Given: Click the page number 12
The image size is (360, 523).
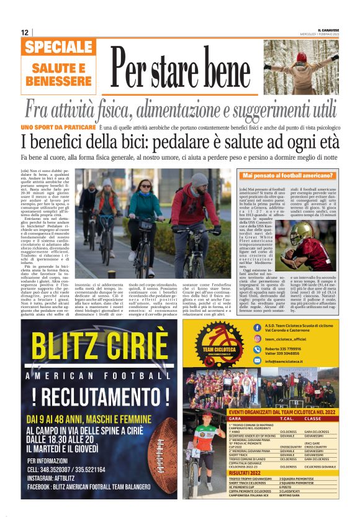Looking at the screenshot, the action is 24,32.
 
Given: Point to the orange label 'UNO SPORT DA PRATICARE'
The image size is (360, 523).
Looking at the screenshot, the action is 52,127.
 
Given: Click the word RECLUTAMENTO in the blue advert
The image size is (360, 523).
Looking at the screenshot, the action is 100,396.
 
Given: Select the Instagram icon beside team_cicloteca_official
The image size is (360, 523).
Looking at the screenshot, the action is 257,339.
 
